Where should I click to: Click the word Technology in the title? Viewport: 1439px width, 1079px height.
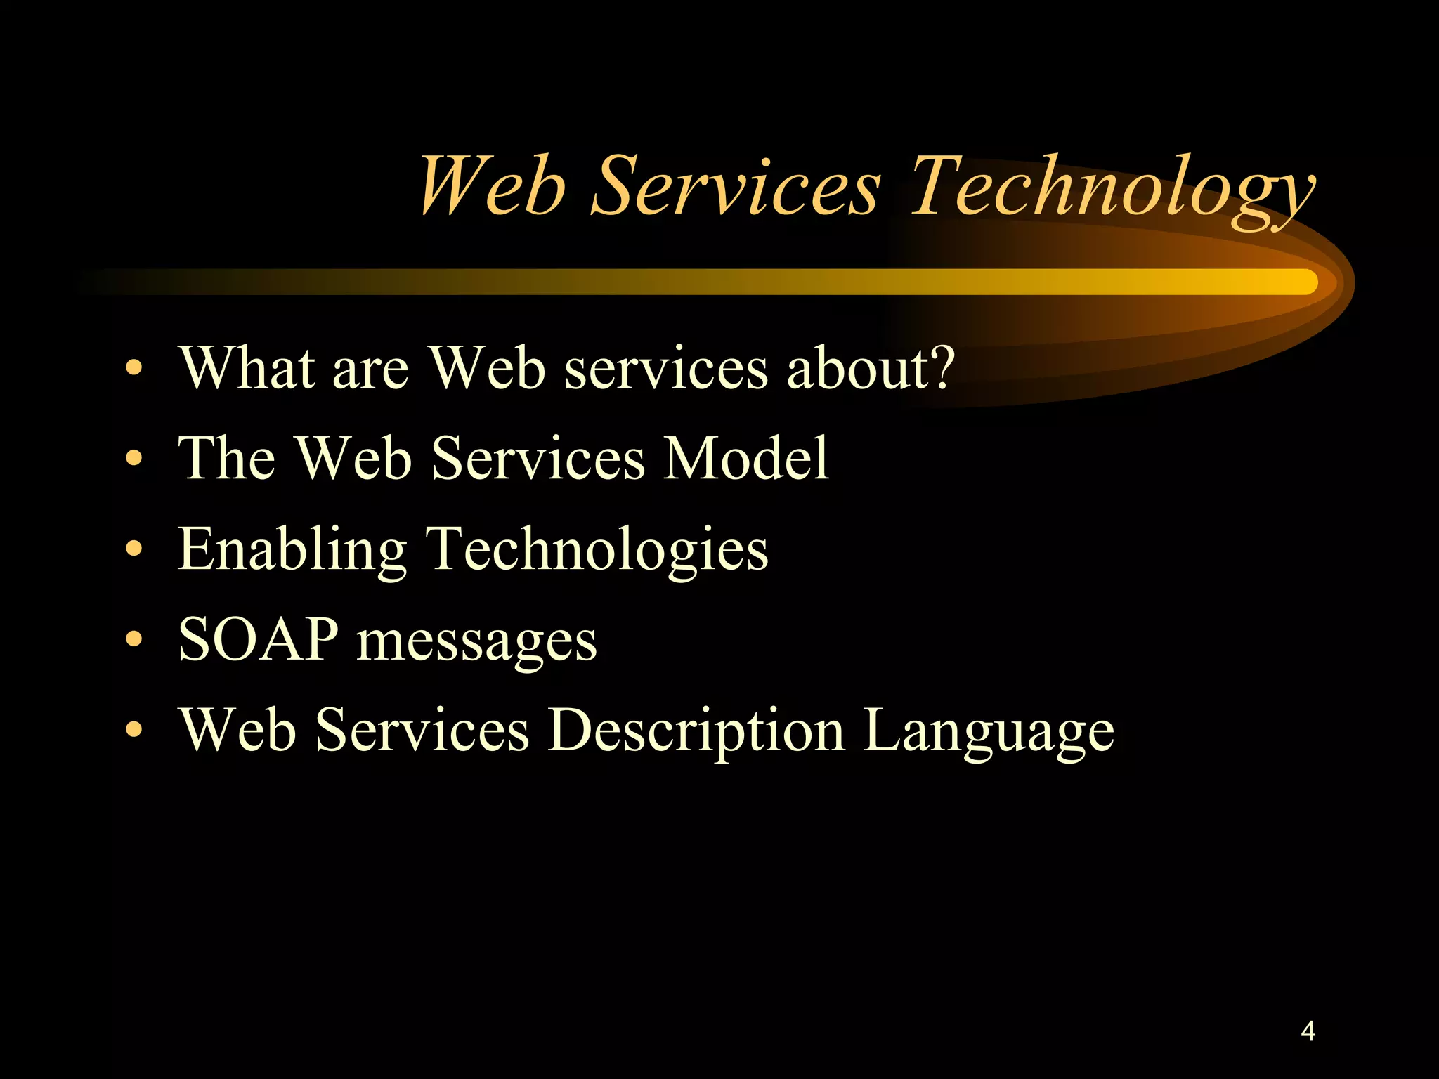[1112, 188]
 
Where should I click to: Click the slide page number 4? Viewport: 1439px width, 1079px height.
[1308, 1031]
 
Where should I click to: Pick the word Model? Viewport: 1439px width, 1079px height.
[746, 457]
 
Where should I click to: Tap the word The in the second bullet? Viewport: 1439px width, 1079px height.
[226, 457]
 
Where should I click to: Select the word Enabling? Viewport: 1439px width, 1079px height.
[292, 550]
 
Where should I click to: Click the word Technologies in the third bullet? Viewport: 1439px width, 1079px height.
[597, 550]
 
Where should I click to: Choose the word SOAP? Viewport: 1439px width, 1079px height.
[258, 639]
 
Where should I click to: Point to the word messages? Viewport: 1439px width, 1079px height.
[476, 642]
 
